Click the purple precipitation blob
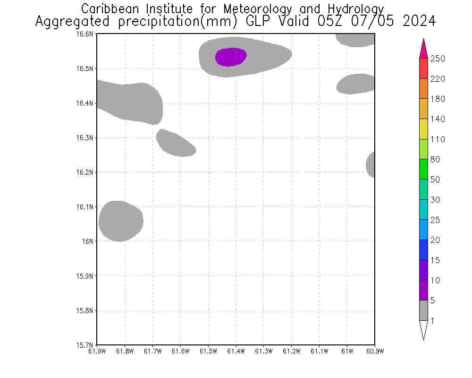click(231, 57)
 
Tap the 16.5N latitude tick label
click(85, 69)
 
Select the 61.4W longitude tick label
click(236, 351)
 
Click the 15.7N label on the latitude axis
click(85, 345)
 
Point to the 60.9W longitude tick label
click(374, 351)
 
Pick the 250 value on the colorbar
click(438, 59)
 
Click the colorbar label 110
click(438, 139)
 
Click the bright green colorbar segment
click(423, 170)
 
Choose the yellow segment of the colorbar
click(423, 129)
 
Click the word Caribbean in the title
click(111, 9)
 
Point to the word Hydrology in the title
click(354, 9)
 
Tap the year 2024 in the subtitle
click(419, 22)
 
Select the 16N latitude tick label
click(88, 241)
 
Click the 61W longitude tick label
click(347, 351)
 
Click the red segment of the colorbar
click(423, 69)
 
